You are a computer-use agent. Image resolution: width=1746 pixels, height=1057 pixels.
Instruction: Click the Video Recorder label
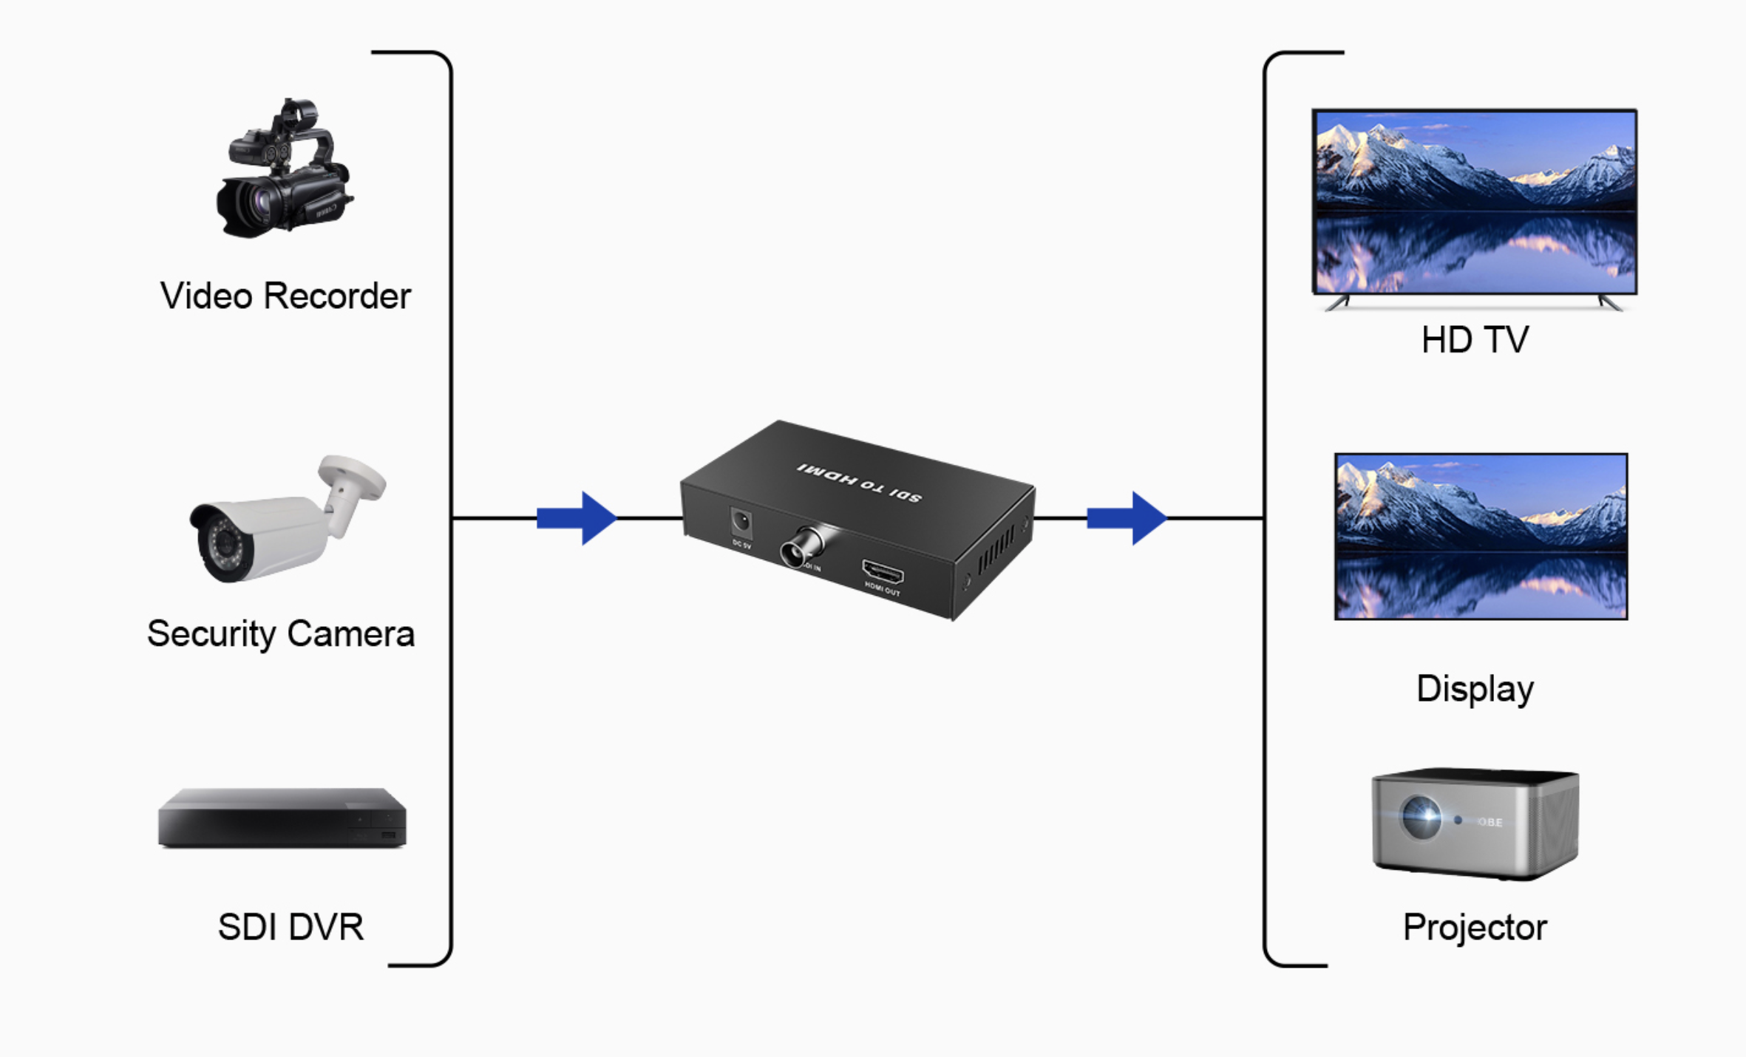(285, 296)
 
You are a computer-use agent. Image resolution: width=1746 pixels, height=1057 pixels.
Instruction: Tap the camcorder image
(284, 170)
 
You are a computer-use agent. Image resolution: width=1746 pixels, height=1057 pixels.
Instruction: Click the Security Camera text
(281, 634)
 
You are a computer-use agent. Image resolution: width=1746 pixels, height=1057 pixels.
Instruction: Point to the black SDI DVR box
(282, 818)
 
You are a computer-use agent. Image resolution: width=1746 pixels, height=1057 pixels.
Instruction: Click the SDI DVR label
(291, 927)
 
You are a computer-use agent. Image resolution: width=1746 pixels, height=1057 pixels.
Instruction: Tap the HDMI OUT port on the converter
(883, 573)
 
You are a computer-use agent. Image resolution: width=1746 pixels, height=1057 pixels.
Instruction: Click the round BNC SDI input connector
(797, 549)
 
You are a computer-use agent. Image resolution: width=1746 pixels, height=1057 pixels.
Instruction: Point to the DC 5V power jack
(741, 523)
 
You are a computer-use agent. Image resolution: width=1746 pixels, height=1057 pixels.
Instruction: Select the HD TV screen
(1475, 202)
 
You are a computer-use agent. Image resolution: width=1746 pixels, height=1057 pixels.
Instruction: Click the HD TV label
(1475, 340)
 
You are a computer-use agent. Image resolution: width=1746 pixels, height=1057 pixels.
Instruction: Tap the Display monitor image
(1481, 537)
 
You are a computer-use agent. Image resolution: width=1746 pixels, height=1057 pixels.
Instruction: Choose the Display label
(1475, 689)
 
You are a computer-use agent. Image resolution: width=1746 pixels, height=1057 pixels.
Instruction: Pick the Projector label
(1475, 928)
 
